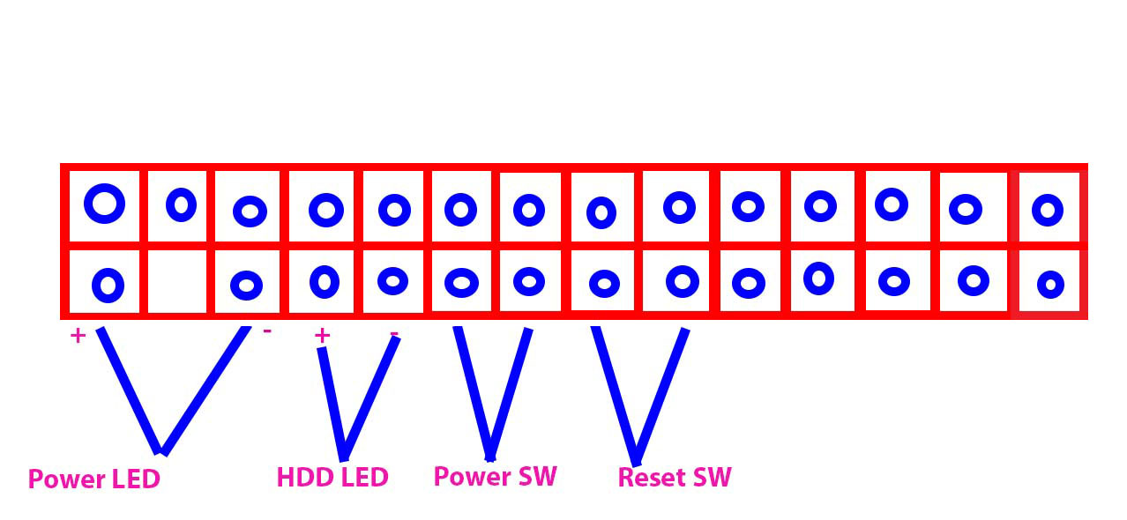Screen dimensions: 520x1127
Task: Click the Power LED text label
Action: (x=93, y=479)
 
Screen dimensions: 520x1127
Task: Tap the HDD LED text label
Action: (x=332, y=477)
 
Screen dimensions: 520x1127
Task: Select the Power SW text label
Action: (x=495, y=476)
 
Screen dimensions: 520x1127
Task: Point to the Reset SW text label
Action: (x=675, y=478)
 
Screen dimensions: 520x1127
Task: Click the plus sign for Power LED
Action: (x=78, y=336)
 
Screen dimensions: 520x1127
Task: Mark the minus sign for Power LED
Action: (x=267, y=331)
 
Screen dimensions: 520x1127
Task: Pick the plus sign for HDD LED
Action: (x=322, y=335)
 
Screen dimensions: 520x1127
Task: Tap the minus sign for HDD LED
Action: (x=393, y=334)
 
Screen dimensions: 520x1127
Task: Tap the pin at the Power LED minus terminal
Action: (x=246, y=285)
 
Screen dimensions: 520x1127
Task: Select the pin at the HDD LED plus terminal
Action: (x=325, y=281)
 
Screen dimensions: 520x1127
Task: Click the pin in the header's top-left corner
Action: (x=105, y=204)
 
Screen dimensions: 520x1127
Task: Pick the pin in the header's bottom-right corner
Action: (x=1049, y=284)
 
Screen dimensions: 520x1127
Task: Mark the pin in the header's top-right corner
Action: (x=1048, y=210)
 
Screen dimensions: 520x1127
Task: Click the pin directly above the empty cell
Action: (x=182, y=204)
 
